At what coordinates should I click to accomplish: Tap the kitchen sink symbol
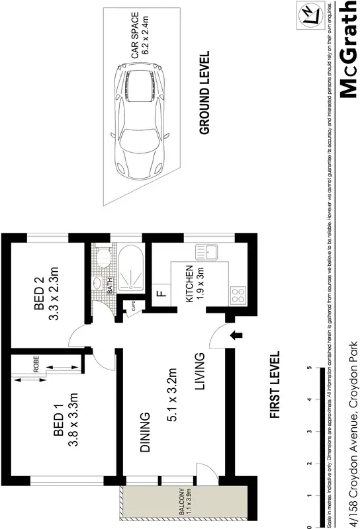coord(206,252)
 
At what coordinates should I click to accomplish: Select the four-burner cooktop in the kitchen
coord(237,295)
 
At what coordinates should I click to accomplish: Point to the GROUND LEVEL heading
coord(204,93)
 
